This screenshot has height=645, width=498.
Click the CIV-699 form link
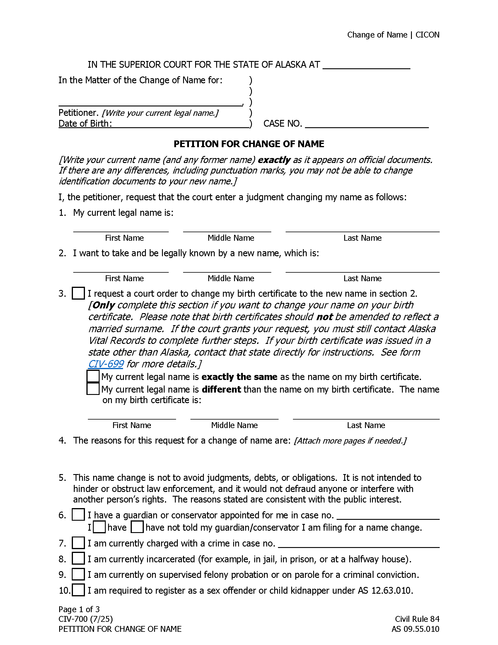coord(106,364)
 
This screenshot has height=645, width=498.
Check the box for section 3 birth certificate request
coord(78,293)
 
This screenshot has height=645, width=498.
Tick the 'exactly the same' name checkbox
coord(93,376)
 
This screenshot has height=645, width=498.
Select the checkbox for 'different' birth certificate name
coord(93,389)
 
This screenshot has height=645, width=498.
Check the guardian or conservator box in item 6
coord(78,515)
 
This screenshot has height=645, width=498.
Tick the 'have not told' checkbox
coord(137,527)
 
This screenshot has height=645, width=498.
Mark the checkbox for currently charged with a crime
coord(78,543)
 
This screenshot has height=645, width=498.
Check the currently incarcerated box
coord(78,559)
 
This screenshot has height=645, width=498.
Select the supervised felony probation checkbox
coord(78,574)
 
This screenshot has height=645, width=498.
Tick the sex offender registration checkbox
coord(78,590)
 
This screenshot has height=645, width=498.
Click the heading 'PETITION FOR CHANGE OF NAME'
coord(249,144)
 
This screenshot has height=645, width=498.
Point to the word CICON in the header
coord(427,35)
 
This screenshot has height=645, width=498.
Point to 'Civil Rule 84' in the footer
coord(417,619)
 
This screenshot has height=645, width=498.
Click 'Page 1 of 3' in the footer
coord(79,609)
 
